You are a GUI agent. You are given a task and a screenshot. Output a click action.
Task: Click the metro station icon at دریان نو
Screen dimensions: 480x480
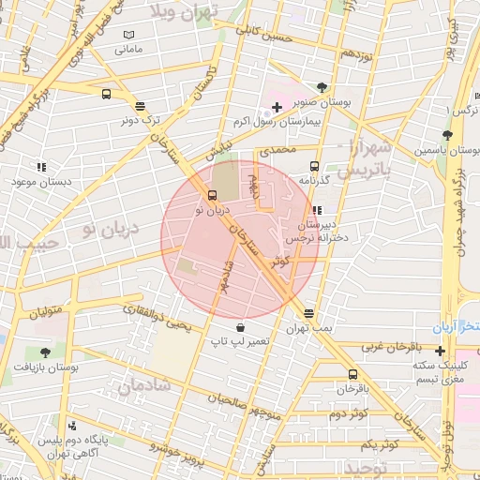pos(213,196)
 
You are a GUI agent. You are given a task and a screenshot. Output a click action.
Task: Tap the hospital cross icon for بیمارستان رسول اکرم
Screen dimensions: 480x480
pos(277,108)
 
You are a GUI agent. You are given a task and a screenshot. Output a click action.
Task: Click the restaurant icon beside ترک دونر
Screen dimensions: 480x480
pos(141,106)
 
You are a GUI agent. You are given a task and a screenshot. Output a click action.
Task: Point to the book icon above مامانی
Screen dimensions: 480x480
pos(129,36)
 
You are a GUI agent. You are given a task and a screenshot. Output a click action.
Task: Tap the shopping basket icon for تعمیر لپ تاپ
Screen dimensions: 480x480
pos(243,328)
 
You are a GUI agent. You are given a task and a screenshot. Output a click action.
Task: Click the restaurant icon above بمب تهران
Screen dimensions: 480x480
pos(308,314)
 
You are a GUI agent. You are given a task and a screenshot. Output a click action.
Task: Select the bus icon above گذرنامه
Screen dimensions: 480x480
pos(314,163)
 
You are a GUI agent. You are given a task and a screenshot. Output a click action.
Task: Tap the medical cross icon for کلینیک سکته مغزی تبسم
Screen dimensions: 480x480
pos(440,351)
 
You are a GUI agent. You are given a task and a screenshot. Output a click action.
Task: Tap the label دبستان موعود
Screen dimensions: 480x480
pos(40,180)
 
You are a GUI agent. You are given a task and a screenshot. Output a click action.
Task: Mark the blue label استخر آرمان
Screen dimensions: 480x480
pos(456,327)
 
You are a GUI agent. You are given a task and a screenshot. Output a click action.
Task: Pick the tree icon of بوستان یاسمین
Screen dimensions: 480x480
pos(447,134)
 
